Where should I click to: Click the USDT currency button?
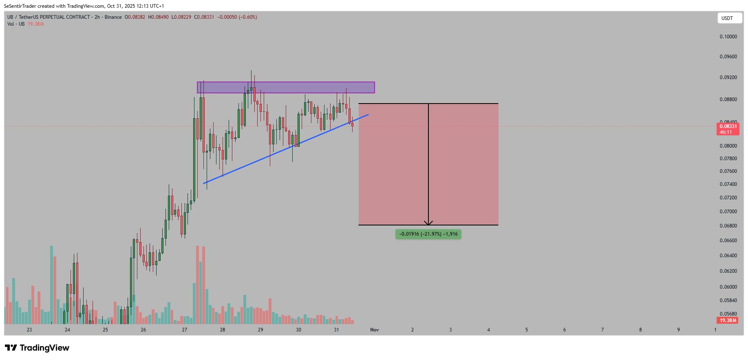coord(729,18)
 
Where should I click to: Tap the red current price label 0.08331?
coord(728,126)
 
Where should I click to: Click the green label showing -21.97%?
coord(428,234)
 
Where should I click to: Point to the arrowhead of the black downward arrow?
coord(428,223)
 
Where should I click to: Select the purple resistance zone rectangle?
coord(286,87)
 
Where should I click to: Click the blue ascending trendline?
coord(285,149)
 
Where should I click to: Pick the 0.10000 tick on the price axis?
coord(728,37)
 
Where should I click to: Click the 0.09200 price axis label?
coord(728,77)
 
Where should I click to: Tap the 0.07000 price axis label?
coord(728,212)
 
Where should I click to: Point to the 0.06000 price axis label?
coord(728,287)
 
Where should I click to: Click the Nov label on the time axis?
coord(374,330)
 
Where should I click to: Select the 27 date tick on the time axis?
coord(185,330)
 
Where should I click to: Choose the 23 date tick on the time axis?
coord(29,330)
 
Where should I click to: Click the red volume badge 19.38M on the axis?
coord(728,320)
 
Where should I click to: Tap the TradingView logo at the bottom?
coord(37,348)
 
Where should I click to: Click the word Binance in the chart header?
coord(113,17)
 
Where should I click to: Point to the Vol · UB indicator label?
coord(16,24)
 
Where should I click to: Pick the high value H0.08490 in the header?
coord(158,17)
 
